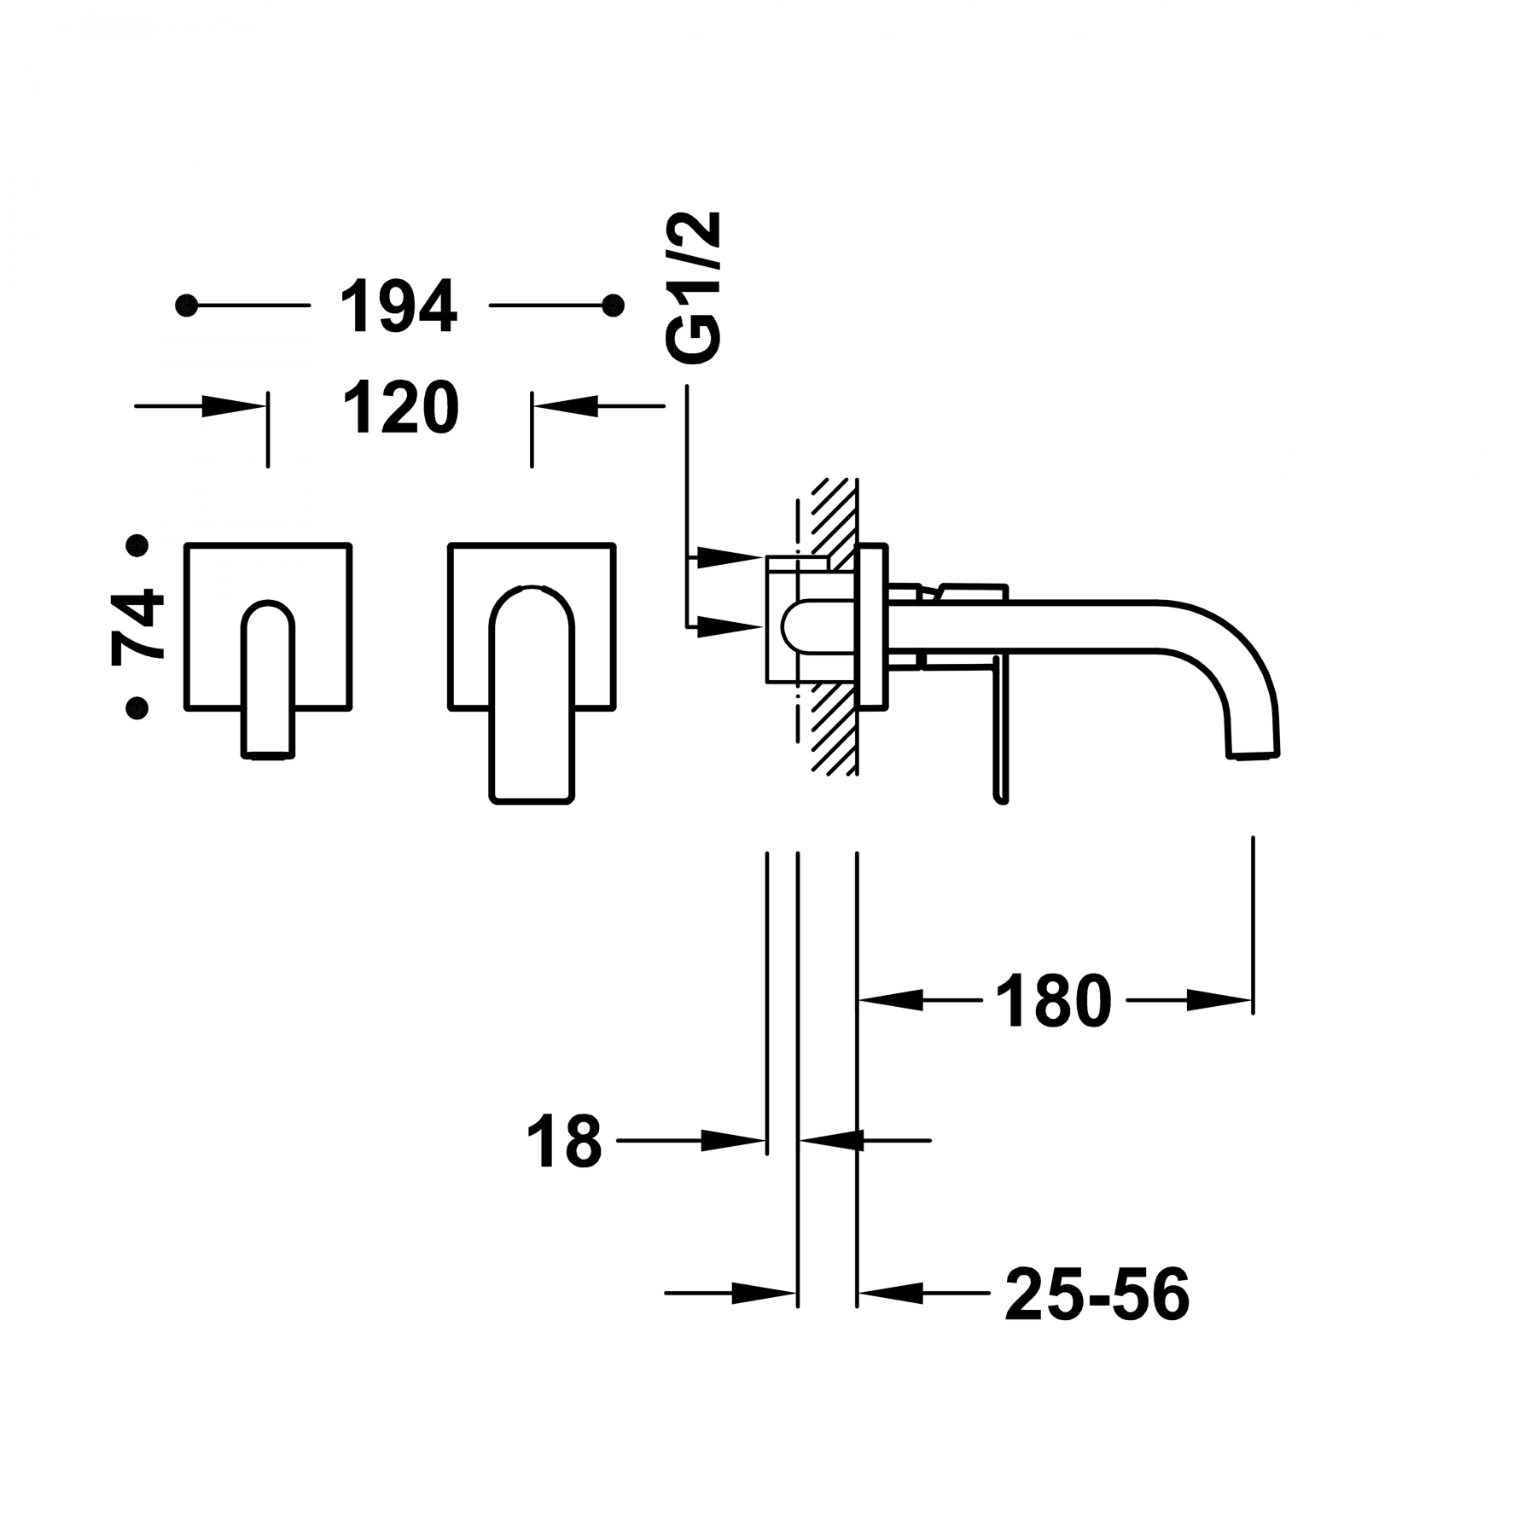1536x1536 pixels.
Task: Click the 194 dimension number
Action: (x=399, y=305)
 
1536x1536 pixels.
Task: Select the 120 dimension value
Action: (x=401, y=407)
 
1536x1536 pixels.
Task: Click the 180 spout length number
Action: (x=1054, y=1000)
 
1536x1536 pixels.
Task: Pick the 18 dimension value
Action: (x=565, y=1140)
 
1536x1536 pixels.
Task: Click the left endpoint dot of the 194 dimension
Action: (x=187, y=305)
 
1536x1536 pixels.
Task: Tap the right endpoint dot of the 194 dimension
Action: (x=612, y=305)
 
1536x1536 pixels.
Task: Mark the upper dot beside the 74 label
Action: (x=137, y=544)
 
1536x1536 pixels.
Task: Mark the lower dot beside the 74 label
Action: (x=137, y=707)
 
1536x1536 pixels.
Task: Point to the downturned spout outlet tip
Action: (x=1255, y=751)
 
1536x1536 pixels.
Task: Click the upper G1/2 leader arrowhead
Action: (x=730, y=557)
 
